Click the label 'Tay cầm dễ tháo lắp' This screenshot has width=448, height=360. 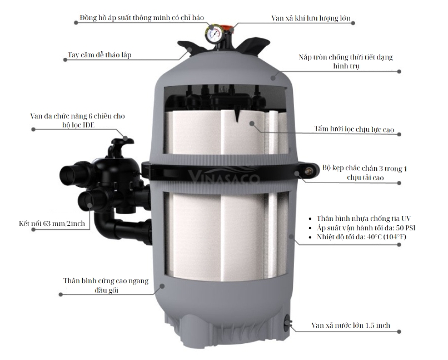(99, 55)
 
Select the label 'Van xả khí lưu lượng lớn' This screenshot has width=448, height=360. (311, 18)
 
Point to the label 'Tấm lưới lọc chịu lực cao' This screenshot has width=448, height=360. (354, 129)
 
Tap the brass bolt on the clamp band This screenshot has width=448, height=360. (308, 171)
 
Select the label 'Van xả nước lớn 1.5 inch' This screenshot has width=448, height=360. (351, 325)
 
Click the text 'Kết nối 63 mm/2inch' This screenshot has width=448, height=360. (52, 223)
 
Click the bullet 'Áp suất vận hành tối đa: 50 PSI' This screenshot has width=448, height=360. (366, 228)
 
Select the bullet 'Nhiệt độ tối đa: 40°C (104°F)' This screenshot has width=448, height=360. (361, 237)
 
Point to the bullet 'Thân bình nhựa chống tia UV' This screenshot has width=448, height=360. (364, 219)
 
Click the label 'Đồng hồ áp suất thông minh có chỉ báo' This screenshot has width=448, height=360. (142, 17)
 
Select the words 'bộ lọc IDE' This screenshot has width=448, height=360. (78, 125)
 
